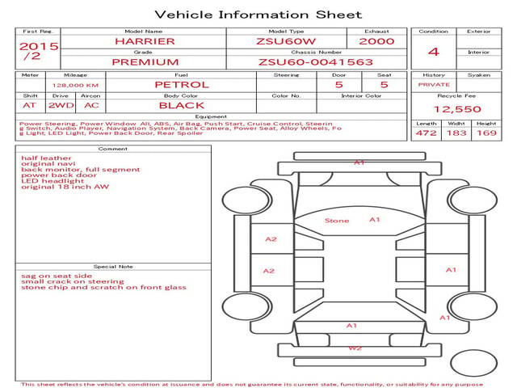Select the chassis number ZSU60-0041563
(x=315, y=61)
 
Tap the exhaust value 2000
(x=376, y=40)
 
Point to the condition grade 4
(x=434, y=52)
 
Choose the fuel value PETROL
(x=182, y=84)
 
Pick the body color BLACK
(x=182, y=105)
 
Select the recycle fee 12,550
(x=457, y=109)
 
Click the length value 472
(x=426, y=133)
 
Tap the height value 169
(x=486, y=133)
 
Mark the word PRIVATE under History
(x=434, y=84)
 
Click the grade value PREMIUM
(x=145, y=61)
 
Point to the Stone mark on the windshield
(x=337, y=221)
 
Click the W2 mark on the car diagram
(x=355, y=348)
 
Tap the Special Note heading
(x=113, y=266)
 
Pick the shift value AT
(x=29, y=105)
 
